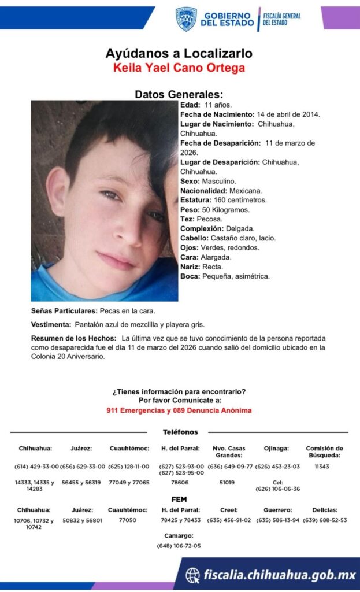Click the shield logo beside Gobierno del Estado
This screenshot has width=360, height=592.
pos(186,19)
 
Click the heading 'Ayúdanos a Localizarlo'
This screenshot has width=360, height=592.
pos(179,53)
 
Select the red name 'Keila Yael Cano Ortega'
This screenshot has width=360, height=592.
pos(179,68)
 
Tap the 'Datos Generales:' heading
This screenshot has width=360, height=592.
pos(179,94)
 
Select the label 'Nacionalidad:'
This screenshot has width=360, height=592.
pos(203,190)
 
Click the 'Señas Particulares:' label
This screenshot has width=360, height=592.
pos(64,311)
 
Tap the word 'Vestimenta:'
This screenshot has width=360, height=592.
pos(51,324)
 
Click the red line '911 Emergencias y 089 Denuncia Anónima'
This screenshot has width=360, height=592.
pos(179,410)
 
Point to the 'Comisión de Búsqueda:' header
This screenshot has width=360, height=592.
pos(324,452)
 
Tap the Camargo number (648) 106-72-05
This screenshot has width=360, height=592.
pos(179,546)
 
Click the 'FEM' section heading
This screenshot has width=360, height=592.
pos(179,499)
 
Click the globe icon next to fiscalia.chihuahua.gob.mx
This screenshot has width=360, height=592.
pos(192,575)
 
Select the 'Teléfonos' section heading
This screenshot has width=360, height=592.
pos(180,432)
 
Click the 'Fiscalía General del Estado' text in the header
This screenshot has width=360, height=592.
pos(281,18)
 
